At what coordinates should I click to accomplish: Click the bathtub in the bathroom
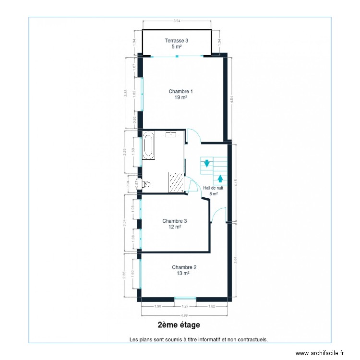click(148, 147)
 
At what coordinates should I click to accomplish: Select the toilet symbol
click(147, 184)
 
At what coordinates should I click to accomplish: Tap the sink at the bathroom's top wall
click(171, 135)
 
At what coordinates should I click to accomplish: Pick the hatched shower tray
click(175, 182)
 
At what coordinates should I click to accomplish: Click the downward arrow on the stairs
click(206, 163)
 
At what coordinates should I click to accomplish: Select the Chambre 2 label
click(184, 267)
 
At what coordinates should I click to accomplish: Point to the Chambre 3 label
click(174, 221)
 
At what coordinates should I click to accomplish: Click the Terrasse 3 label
click(177, 41)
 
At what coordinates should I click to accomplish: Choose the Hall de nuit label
click(213, 189)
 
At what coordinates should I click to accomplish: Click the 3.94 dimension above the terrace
click(177, 21)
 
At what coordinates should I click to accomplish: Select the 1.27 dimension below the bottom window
click(185, 306)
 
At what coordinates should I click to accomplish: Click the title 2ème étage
click(179, 325)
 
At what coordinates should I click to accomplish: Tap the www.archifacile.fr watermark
click(320, 353)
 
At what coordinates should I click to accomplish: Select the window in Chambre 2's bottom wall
click(185, 299)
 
